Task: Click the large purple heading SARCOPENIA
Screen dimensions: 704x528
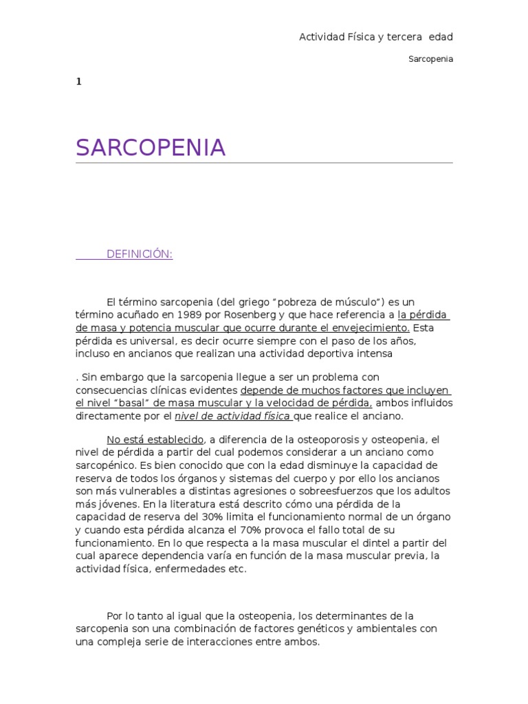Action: [x=151, y=148]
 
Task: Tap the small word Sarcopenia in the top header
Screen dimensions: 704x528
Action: [x=431, y=59]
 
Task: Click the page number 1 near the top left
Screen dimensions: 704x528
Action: [x=78, y=82]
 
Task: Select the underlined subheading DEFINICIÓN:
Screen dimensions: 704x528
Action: [x=139, y=255]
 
